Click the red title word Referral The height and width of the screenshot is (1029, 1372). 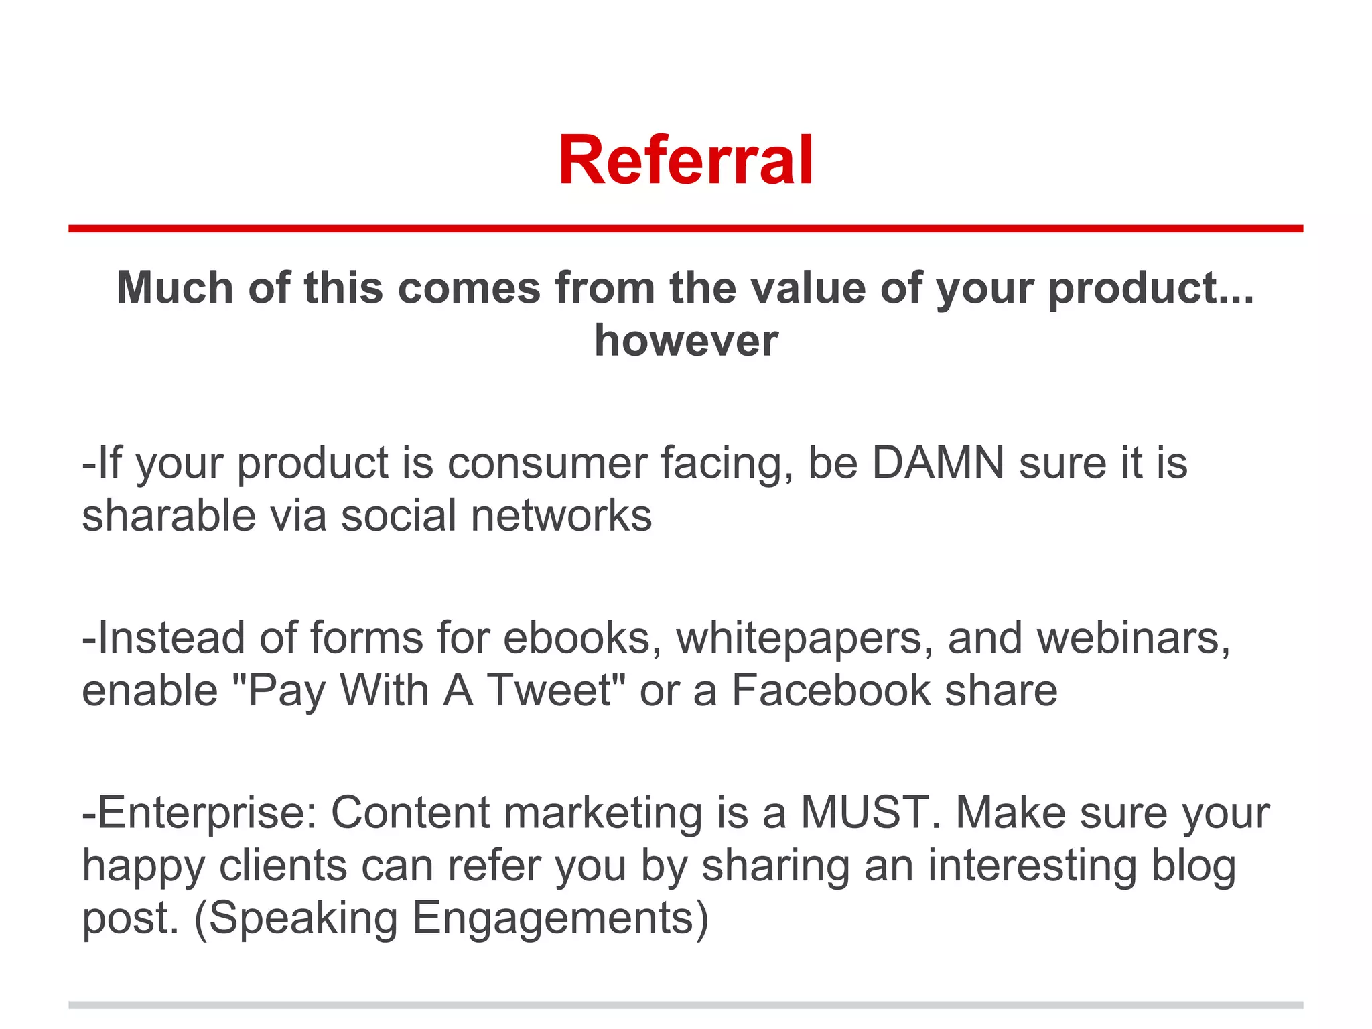pyautogui.click(x=686, y=161)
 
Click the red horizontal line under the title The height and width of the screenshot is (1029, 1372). pyautogui.click(x=686, y=228)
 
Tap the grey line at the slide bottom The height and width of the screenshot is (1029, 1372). pyautogui.click(x=686, y=1005)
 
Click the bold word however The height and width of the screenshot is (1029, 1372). pyautogui.click(x=686, y=340)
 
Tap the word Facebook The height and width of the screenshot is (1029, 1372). pyautogui.click(x=831, y=690)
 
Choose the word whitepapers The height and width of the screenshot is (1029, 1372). pyautogui.click(x=804, y=638)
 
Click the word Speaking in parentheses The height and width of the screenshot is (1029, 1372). pyautogui.click(x=303, y=918)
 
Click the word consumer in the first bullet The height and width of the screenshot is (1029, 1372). pyautogui.click(x=547, y=464)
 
